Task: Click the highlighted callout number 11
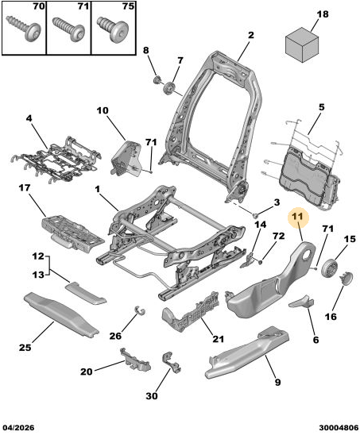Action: pyautogui.click(x=297, y=217)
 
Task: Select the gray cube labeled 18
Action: pyautogui.click(x=302, y=44)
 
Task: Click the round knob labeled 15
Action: pyautogui.click(x=329, y=268)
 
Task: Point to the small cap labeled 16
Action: pyautogui.click(x=346, y=278)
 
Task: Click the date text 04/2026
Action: pyautogui.click(x=18, y=428)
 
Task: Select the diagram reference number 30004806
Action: pyautogui.click(x=339, y=428)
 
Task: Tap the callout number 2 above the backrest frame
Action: pyautogui.click(x=250, y=35)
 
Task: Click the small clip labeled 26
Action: pyautogui.click(x=139, y=310)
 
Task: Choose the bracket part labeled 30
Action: pyautogui.click(x=171, y=362)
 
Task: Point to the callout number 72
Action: pyautogui.click(x=278, y=236)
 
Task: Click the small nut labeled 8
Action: pyautogui.click(x=157, y=79)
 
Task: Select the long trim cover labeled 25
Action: pyautogui.click(x=61, y=314)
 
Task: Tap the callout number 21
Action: pyautogui.click(x=218, y=339)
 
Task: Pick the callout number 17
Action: pyautogui.click(x=25, y=187)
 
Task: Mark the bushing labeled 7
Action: pyautogui.click(x=168, y=88)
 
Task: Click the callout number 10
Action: pyautogui.click(x=103, y=110)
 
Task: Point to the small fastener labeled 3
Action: pyautogui.click(x=255, y=215)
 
